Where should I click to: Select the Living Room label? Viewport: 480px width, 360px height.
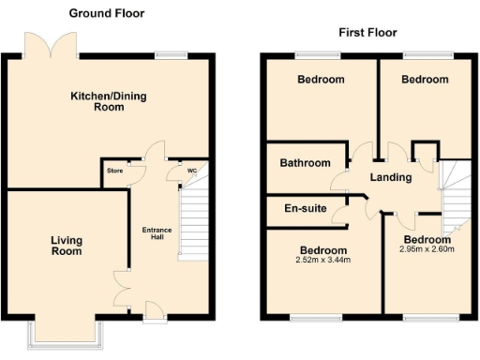[x=66, y=246]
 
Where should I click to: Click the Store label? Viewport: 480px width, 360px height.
[x=115, y=171]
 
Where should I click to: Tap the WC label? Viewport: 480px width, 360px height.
[x=192, y=171]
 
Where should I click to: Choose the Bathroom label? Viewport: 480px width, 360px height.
[x=305, y=163]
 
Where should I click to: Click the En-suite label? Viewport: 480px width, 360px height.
[x=305, y=208]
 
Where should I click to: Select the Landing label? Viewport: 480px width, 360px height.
[x=391, y=178]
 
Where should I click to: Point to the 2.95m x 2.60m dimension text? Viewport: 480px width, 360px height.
[x=427, y=248]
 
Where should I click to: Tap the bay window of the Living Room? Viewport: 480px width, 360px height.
[x=65, y=332]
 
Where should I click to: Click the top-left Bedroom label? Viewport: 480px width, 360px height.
[x=321, y=80]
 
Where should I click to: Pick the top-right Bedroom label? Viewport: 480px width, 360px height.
[x=425, y=80]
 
